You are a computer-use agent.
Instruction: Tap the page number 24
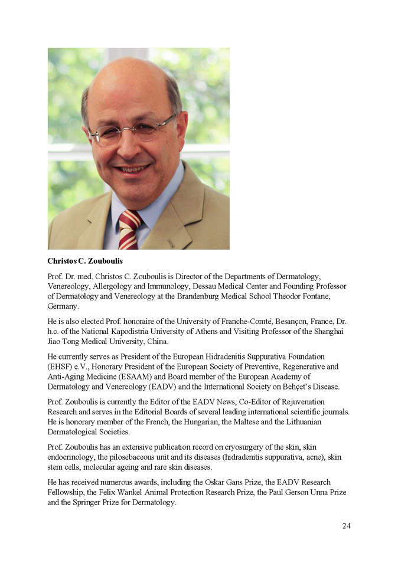[x=346, y=526]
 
